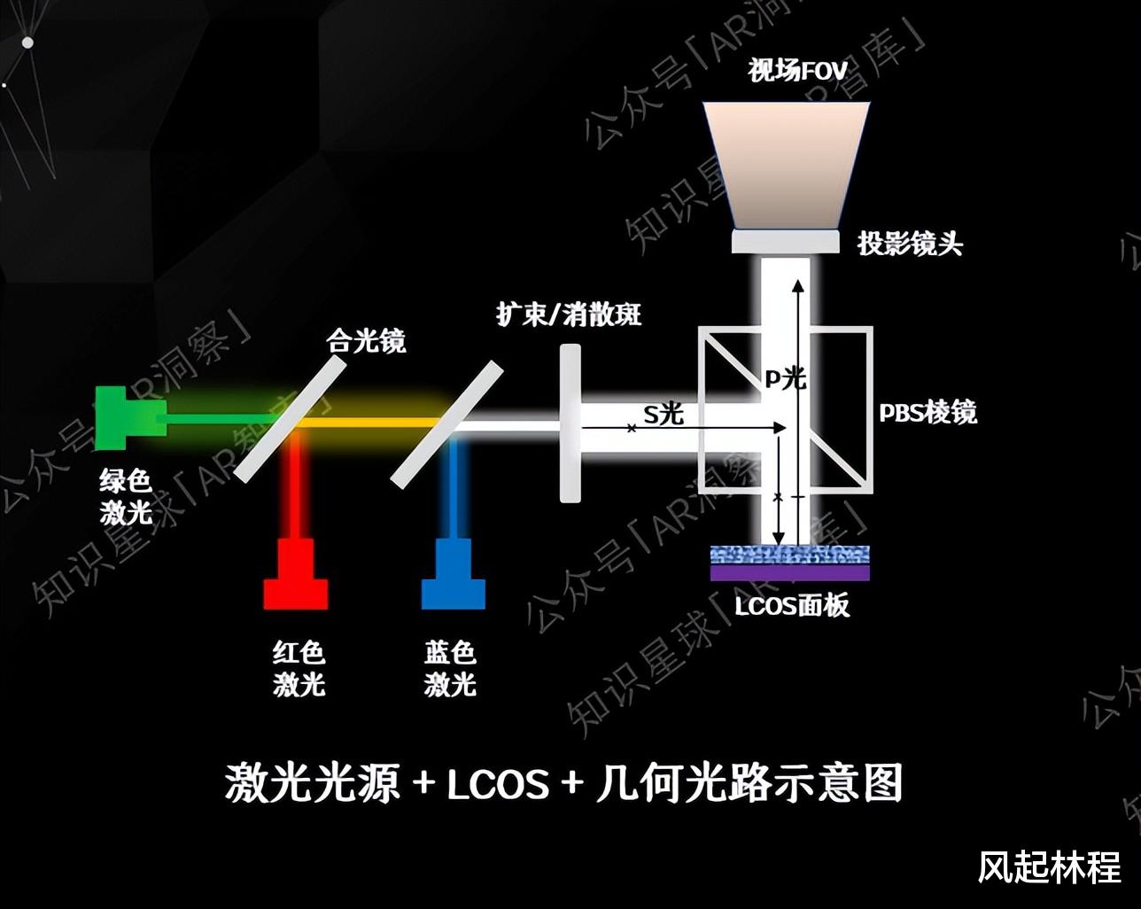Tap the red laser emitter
pyautogui.click(x=296, y=576)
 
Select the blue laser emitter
pyautogui.click(x=453, y=576)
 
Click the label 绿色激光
pyautogui.click(x=126, y=497)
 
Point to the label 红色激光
pyautogui.click(x=299, y=669)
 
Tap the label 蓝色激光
pyautogui.click(x=450, y=669)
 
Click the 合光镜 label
pyautogui.click(x=366, y=340)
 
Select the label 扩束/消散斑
pyautogui.click(x=569, y=314)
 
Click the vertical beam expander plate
pyautogui.click(x=570, y=423)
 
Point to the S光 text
pyautogui.click(x=664, y=413)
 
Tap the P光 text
pyautogui.click(x=786, y=378)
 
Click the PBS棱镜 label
pyautogui.click(x=928, y=413)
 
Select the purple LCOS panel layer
pyautogui.click(x=790, y=573)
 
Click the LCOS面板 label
pyautogui.click(x=792, y=606)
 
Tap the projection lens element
pyautogui.click(x=785, y=241)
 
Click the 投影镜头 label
pyautogui.click(x=910, y=244)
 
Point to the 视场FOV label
pyautogui.click(x=797, y=70)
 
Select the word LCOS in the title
pyautogui.click(x=497, y=784)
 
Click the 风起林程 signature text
pyautogui.click(x=1049, y=867)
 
